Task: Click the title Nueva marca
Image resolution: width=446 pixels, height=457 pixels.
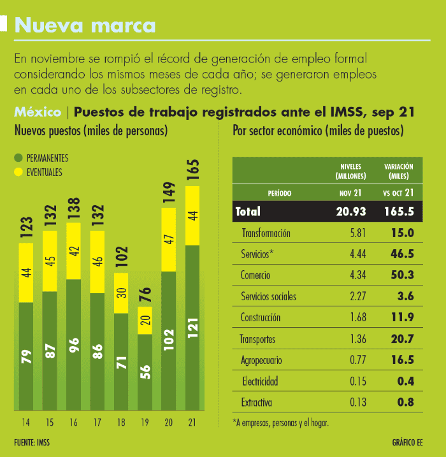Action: click(85, 25)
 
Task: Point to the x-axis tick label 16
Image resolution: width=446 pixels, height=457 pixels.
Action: click(73, 423)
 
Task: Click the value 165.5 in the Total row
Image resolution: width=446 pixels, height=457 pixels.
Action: click(399, 211)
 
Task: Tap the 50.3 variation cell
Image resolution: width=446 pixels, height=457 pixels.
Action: click(402, 275)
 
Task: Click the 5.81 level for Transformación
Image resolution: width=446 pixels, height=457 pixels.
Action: click(357, 233)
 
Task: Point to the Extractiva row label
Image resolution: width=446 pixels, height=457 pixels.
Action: click(257, 402)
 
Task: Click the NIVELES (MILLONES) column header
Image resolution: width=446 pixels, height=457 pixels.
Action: click(351, 170)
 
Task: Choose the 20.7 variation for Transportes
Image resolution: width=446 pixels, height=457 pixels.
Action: click(402, 338)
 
